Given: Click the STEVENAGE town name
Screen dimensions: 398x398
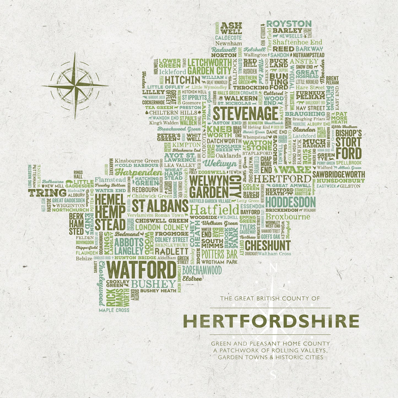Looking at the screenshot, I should click(245, 113).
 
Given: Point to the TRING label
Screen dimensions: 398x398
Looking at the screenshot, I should click(47, 193).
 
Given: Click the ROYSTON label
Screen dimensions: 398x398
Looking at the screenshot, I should click(289, 24).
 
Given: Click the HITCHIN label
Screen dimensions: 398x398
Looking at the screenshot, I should click(183, 80).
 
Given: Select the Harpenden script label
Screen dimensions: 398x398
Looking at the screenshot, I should click(139, 173).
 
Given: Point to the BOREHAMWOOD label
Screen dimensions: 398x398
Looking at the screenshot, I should click(202, 270).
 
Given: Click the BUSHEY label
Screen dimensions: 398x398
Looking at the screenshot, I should click(153, 284).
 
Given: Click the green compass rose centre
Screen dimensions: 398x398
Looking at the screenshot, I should click(75, 86).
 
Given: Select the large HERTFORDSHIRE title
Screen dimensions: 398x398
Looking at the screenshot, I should click(271, 321).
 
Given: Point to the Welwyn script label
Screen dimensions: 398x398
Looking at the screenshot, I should click(220, 164).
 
